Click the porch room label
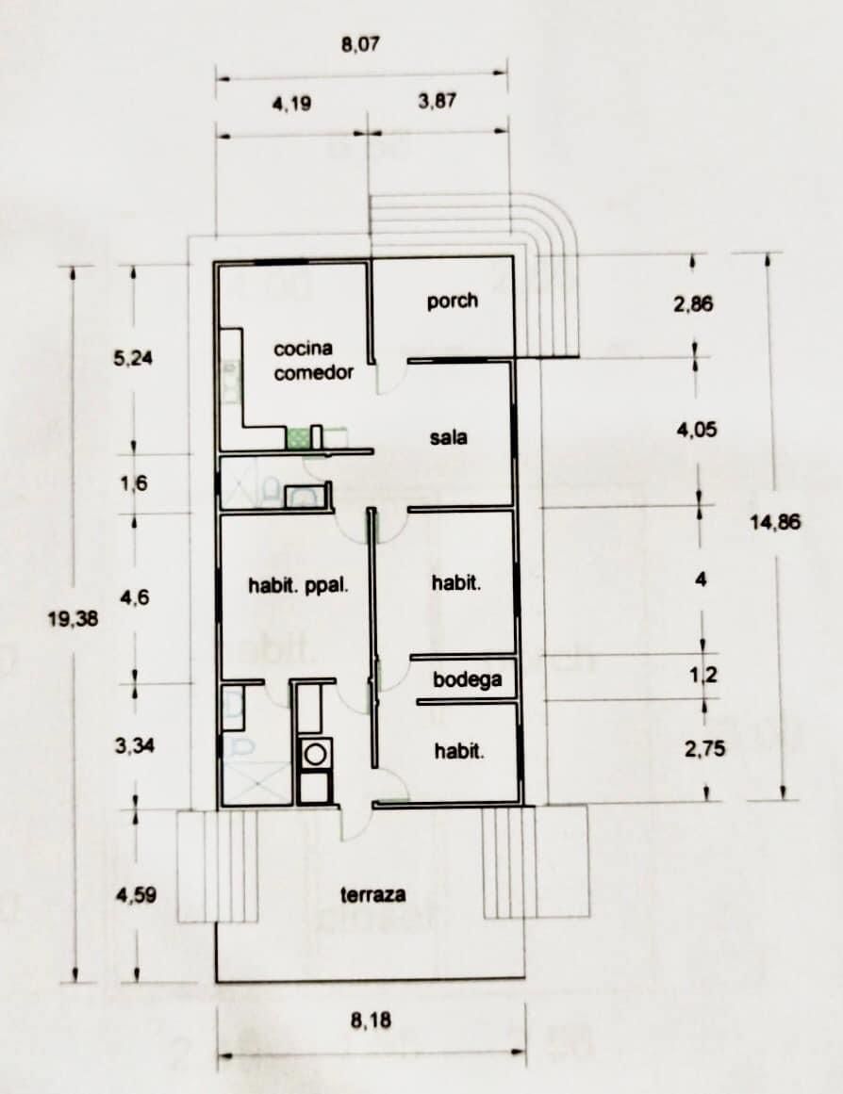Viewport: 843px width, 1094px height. coord(453,302)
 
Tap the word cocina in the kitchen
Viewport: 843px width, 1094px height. coord(303,348)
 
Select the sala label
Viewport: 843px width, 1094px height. coord(449,437)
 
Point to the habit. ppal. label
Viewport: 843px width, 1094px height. coord(298,584)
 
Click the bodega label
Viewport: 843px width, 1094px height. coord(468,679)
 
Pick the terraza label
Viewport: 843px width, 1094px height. coord(373,894)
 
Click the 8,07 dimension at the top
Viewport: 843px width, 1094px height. coord(360,45)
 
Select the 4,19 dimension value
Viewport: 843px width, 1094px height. coord(292,105)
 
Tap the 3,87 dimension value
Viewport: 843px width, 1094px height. coord(438,102)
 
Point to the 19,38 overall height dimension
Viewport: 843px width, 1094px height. coord(73,618)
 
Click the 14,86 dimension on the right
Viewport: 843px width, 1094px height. coord(775,522)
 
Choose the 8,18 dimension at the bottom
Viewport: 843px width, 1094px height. coord(371,1021)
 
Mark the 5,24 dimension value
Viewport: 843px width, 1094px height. coord(133,359)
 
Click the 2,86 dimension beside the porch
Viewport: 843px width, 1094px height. coord(693,304)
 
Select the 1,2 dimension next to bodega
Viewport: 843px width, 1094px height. coord(703,676)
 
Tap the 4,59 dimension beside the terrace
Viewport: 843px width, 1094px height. coord(136,894)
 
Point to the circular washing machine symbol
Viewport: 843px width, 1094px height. coord(315,754)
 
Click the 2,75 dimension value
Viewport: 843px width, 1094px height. coord(704,749)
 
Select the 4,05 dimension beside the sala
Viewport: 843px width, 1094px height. coord(696,430)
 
